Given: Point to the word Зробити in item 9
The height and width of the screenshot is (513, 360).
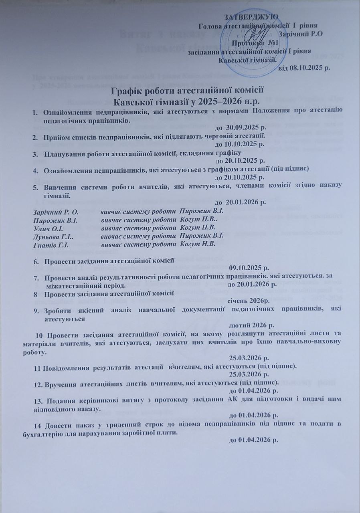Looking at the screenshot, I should coord(57,308).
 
